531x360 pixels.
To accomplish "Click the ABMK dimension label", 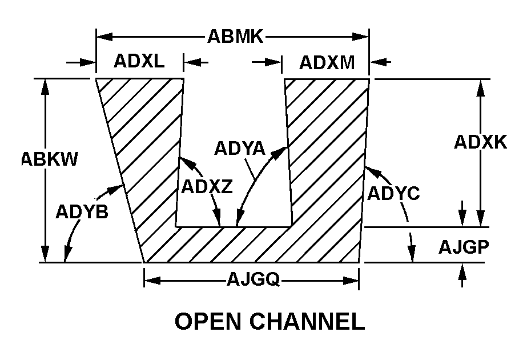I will pos(235,37).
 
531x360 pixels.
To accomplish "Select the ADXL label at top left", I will pos(138,61).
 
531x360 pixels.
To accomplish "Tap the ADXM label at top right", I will pos(327,62).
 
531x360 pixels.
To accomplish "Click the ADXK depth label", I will pos(480,142).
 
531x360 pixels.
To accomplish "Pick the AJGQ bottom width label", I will pos(252,279).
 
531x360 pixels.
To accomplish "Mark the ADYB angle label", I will pos(82,212).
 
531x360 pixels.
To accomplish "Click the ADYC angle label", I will pos(393,194).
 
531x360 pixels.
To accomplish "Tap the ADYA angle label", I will pos(239,148).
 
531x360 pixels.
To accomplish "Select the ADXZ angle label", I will pos(206,186).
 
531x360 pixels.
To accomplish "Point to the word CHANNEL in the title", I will pos(308,322).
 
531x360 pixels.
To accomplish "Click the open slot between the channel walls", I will pos(234,114).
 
